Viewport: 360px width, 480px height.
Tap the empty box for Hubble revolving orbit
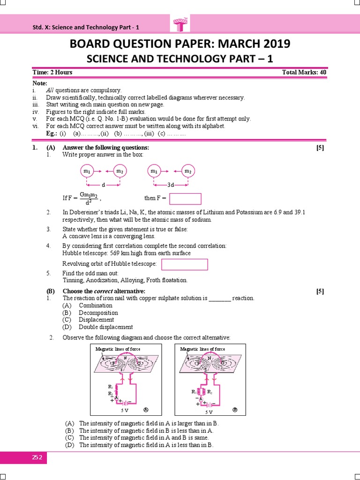pos(184,265)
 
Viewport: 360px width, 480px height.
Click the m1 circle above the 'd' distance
pos(87,172)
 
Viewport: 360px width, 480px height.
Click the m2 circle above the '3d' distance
pos(188,172)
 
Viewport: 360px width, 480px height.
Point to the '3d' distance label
pos(171,185)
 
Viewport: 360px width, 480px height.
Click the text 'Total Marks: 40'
pos(304,72)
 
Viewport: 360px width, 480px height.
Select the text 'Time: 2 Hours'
pos(52,72)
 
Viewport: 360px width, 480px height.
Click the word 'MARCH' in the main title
pos(230,44)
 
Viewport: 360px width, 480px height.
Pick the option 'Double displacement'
pos(105,327)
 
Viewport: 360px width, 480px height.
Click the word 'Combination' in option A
pos(96,305)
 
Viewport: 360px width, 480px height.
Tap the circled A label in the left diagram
pos(146,409)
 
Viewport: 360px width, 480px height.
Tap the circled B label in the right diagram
pos(235,409)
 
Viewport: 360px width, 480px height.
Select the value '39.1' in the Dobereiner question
pos(300,212)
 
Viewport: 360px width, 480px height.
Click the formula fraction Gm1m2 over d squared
pos(88,198)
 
